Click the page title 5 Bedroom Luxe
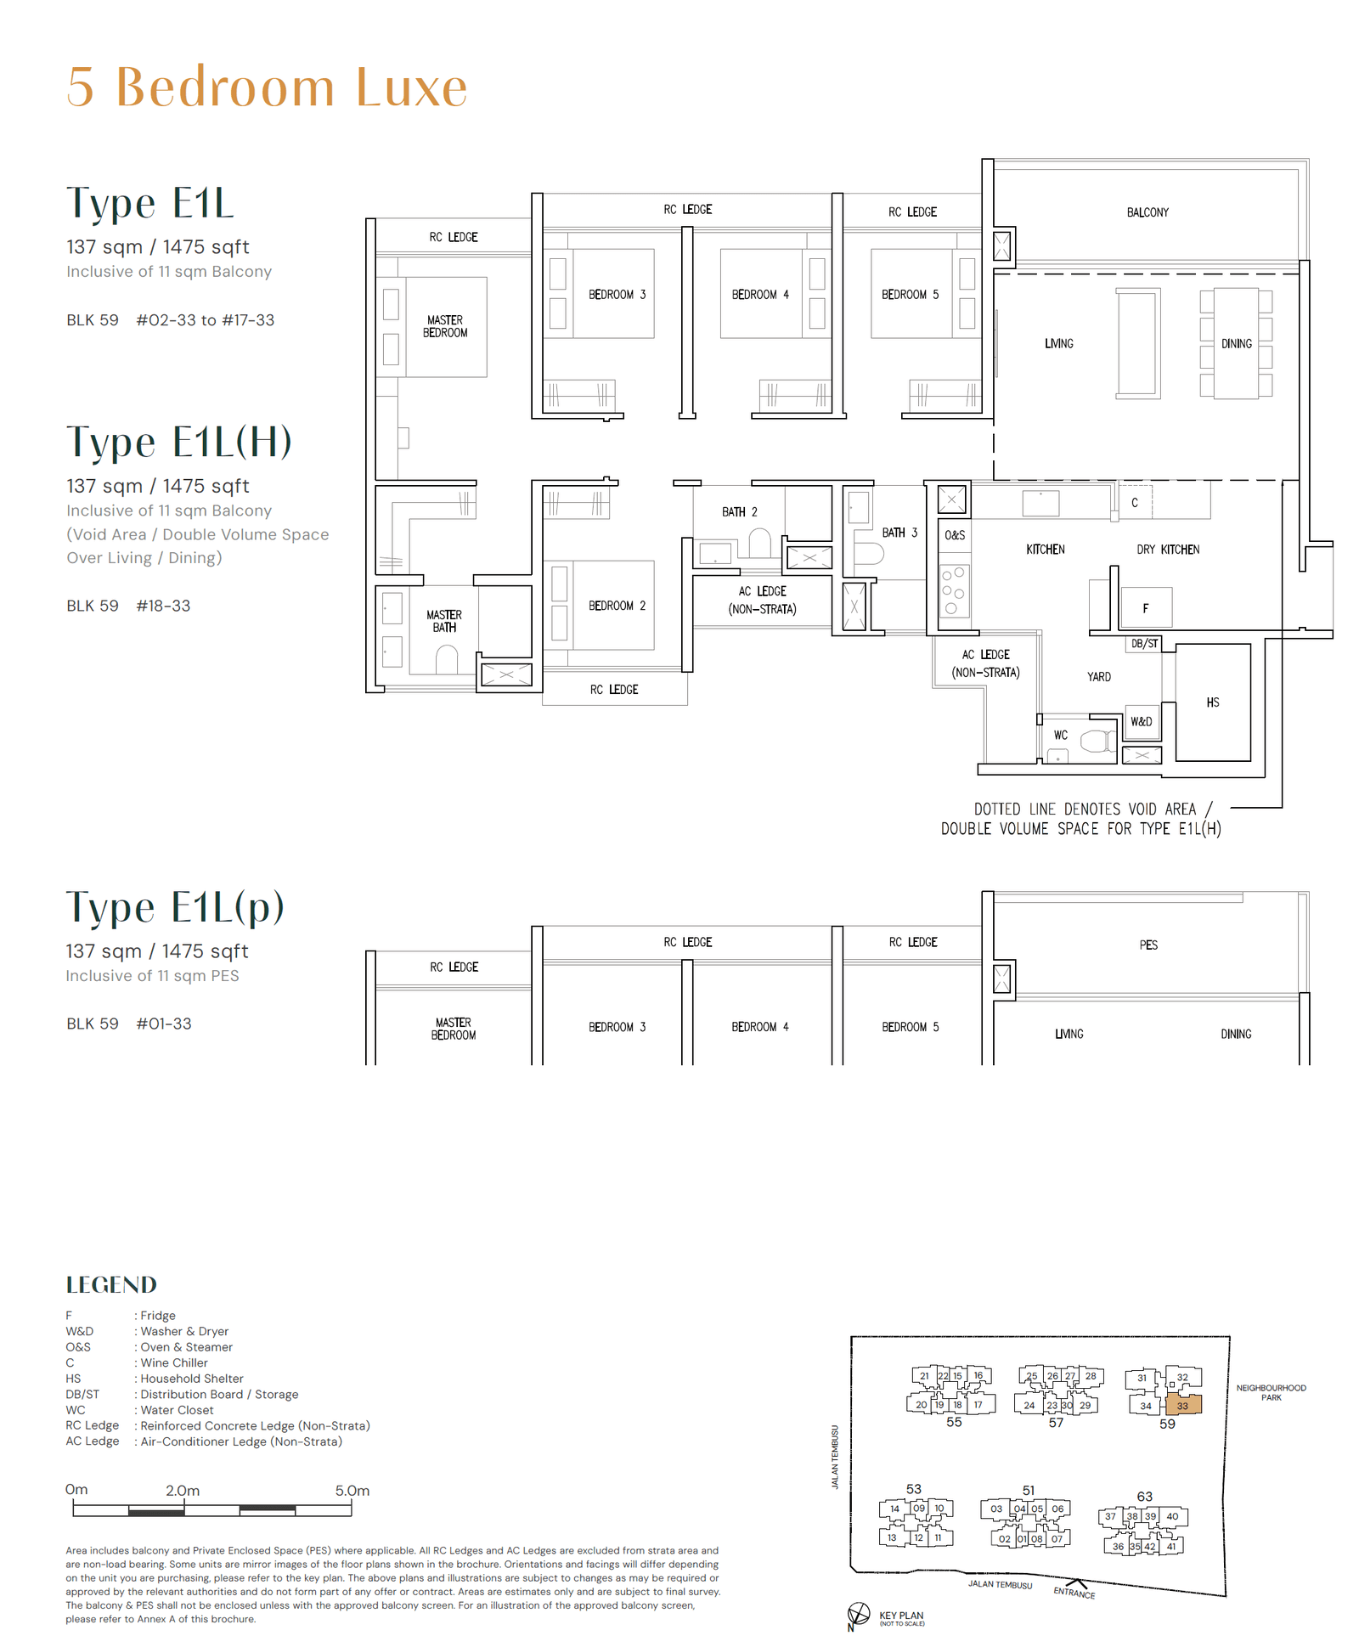(x=267, y=87)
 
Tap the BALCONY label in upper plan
(x=1147, y=212)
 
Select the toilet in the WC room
(x=1097, y=742)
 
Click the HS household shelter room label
(x=1212, y=702)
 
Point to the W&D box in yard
(x=1141, y=722)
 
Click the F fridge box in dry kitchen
(x=1145, y=608)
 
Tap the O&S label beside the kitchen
(x=955, y=535)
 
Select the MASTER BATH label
(x=444, y=621)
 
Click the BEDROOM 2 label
(x=617, y=606)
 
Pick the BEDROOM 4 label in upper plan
(x=760, y=295)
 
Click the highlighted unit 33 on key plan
(x=1183, y=1406)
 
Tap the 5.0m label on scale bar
(x=352, y=1491)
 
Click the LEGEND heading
(x=111, y=1284)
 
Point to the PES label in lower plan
(x=1148, y=945)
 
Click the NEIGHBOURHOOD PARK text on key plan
(x=1271, y=1392)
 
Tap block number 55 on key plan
(x=954, y=1422)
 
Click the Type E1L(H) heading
(x=179, y=442)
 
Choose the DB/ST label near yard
(x=1144, y=644)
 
